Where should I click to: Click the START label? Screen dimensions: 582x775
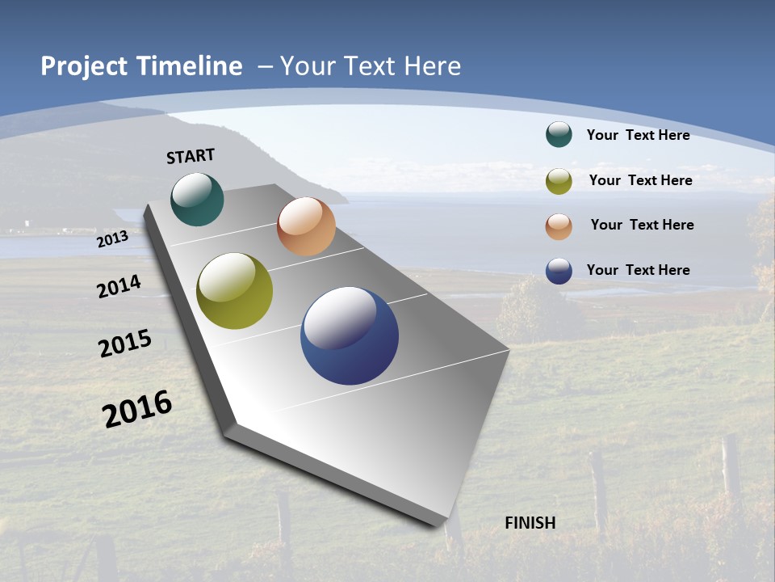tap(191, 156)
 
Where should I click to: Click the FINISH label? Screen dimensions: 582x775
tap(530, 523)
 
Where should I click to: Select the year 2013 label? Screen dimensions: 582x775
tap(113, 239)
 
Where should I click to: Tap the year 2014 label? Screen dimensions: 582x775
tap(119, 286)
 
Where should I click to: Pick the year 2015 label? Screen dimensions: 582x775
tap(125, 344)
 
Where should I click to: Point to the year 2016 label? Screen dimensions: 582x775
tap(137, 408)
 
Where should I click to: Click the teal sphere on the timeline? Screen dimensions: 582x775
tap(197, 199)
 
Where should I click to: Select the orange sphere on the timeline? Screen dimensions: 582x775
tap(306, 226)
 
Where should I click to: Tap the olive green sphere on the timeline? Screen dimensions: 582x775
tap(235, 291)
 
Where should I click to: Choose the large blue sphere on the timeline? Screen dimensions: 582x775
tap(350, 335)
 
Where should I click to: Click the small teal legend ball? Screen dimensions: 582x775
tap(559, 134)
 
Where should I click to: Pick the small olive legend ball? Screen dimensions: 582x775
tap(559, 181)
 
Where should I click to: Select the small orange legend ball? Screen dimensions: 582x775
tap(559, 226)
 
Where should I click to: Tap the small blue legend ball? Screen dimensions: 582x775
tap(559, 271)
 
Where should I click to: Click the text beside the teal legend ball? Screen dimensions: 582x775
tap(638, 135)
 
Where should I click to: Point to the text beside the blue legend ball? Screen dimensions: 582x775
tap(638, 270)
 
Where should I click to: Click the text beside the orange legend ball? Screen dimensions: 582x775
tap(642, 225)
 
